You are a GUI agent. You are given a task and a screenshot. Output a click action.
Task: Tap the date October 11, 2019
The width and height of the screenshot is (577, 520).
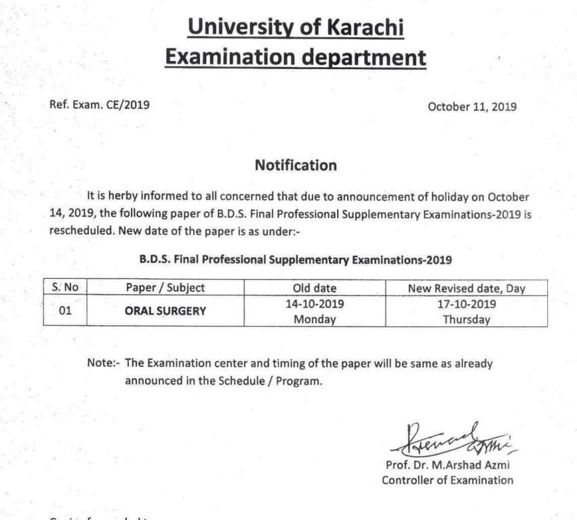click(472, 106)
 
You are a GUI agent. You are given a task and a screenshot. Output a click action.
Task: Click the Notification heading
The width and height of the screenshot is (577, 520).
click(295, 165)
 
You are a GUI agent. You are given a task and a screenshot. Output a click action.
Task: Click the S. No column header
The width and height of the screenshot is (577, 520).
click(66, 288)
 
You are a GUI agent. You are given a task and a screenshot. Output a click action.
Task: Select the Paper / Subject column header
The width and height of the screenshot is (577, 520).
click(165, 288)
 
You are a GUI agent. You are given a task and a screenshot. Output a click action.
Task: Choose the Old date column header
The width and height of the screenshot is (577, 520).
click(314, 288)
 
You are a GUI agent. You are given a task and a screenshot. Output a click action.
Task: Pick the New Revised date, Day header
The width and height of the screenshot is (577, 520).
click(466, 288)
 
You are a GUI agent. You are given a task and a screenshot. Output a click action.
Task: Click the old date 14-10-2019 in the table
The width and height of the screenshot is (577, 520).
click(314, 305)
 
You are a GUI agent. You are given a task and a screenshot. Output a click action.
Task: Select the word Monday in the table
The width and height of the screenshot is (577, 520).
click(315, 320)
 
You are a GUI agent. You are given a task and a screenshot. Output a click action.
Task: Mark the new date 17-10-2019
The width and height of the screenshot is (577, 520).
click(466, 305)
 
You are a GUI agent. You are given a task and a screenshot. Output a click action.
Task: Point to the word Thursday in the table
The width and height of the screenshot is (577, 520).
click(466, 320)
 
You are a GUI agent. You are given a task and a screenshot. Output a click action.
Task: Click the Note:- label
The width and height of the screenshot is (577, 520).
click(104, 364)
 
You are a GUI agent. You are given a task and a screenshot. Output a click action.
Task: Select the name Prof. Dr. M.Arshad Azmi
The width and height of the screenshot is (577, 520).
click(446, 467)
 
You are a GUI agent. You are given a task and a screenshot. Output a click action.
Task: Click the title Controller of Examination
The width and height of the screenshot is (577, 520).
click(447, 481)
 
